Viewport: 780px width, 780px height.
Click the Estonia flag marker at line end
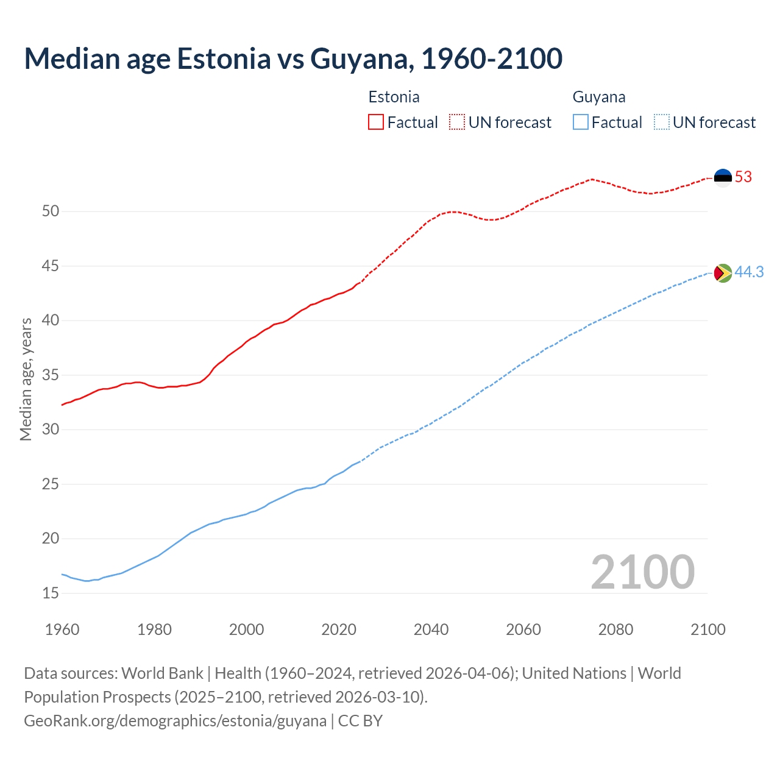click(723, 177)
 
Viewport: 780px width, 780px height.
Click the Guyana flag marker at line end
click(723, 273)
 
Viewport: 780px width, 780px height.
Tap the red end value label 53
click(743, 177)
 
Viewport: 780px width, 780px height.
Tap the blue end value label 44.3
click(749, 272)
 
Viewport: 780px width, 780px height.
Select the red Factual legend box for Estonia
click(376, 122)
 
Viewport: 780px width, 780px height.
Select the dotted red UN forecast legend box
click(457, 122)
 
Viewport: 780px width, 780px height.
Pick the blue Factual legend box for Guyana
click(581, 122)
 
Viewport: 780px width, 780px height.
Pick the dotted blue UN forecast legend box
click(661, 122)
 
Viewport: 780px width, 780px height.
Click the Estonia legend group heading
click(394, 97)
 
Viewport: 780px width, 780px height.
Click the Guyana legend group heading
click(599, 97)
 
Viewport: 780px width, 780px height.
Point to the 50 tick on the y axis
click(51, 211)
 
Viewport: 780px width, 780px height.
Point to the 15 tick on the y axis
click(51, 593)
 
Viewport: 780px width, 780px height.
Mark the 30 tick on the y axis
click(51, 430)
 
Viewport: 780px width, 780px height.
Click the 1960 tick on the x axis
click(62, 629)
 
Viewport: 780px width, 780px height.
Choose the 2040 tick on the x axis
click(431, 629)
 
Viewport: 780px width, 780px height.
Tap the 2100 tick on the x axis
click(707, 629)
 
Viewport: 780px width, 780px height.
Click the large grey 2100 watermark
click(643, 572)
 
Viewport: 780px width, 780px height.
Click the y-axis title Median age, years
click(26, 379)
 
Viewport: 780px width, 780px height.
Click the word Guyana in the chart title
click(362, 58)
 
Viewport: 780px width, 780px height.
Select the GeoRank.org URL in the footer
click(175, 721)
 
